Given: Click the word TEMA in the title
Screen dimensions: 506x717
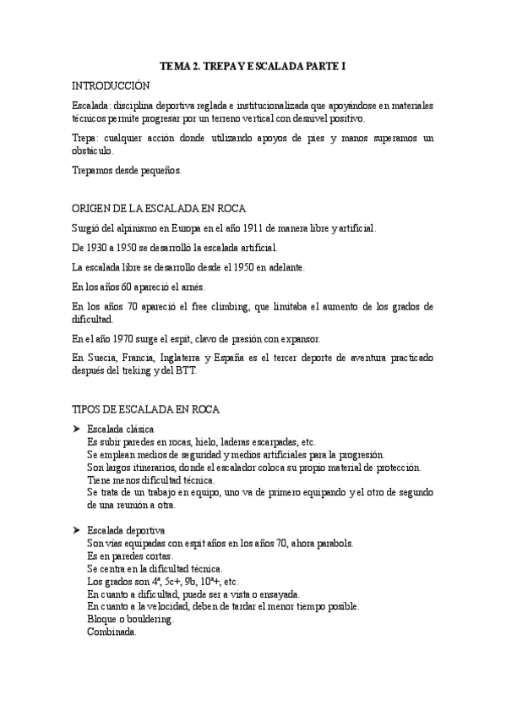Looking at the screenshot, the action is tap(175, 65).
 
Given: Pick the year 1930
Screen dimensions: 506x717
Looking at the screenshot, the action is tap(103, 248).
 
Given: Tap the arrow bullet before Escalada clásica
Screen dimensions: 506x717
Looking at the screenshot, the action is tap(76, 430).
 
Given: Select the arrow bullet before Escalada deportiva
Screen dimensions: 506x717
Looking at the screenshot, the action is tap(76, 530).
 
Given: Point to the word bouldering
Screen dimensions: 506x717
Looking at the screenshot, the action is tap(148, 620).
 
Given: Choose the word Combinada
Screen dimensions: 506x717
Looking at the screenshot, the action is tap(112, 632).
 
